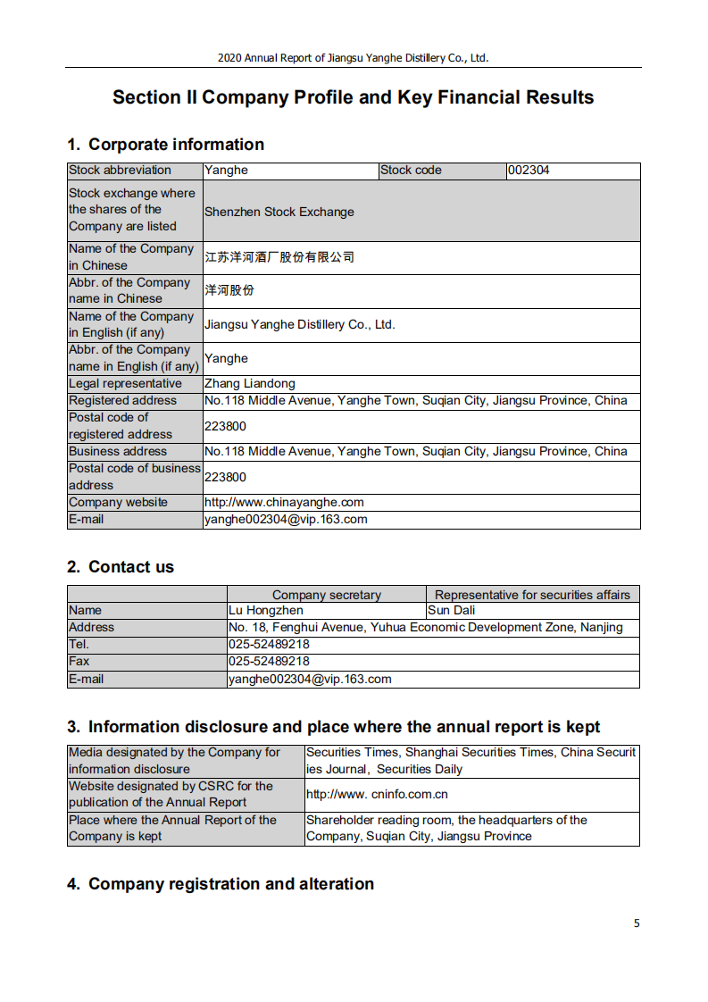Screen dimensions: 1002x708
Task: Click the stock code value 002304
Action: pos(529,171)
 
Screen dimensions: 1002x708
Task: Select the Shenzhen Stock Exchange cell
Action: pos(279,212)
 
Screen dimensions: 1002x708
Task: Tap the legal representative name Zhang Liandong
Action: pos(249,384)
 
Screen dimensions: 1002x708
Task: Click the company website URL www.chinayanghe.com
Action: pos(284,503)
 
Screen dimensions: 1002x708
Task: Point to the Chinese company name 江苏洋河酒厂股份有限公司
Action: pos(279,257)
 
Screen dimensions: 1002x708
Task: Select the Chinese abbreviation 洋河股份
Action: pos(229,291)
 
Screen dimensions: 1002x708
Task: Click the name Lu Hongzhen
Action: pos(266,611)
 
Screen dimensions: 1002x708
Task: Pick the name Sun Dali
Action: pos(452,611)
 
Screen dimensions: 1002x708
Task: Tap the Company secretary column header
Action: pos(327,595)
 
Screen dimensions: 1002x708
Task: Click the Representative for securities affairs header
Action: pos(532,595)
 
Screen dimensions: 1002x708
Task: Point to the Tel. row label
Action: pos(79,645)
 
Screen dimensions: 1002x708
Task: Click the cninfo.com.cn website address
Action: pos(377,794)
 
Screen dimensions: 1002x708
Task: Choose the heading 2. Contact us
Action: pos(121,567)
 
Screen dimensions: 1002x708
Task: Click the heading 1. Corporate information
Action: pos(165,145)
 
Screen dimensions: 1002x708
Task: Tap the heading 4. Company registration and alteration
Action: pos(221,884)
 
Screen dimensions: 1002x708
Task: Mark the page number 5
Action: pos(637,923)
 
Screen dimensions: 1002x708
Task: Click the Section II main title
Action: pos(354,97)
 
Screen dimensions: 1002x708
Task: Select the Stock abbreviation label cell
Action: pos(120,171)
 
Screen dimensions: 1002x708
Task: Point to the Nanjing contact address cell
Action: pos(426,628)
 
